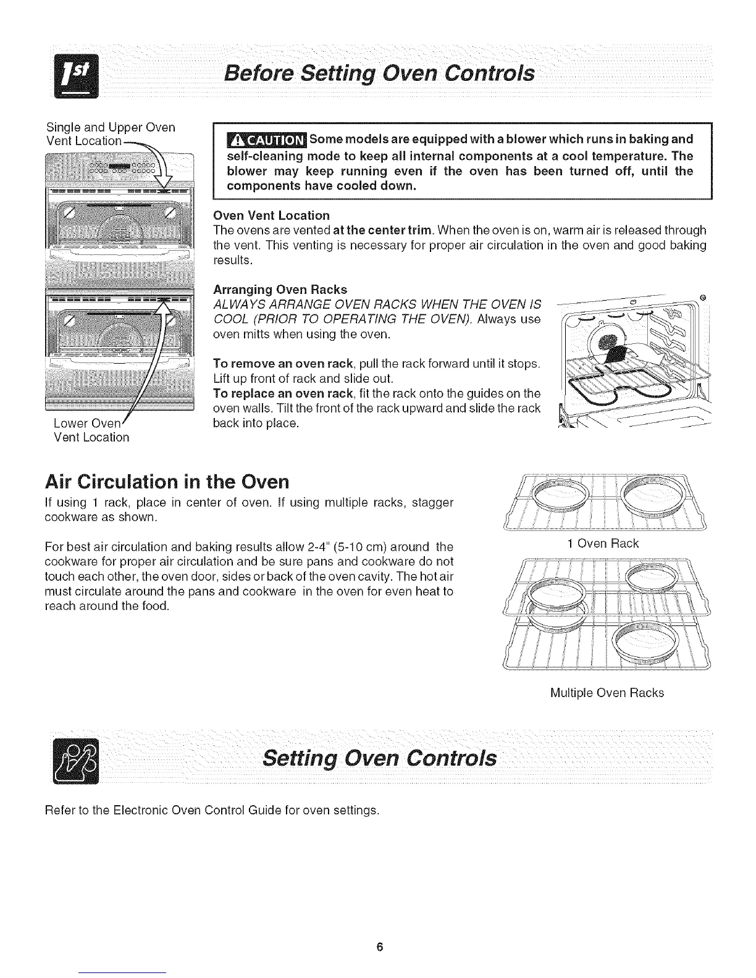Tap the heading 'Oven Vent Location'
271,215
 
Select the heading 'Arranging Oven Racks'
280,290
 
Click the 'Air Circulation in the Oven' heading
167,481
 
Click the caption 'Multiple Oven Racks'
607,693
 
